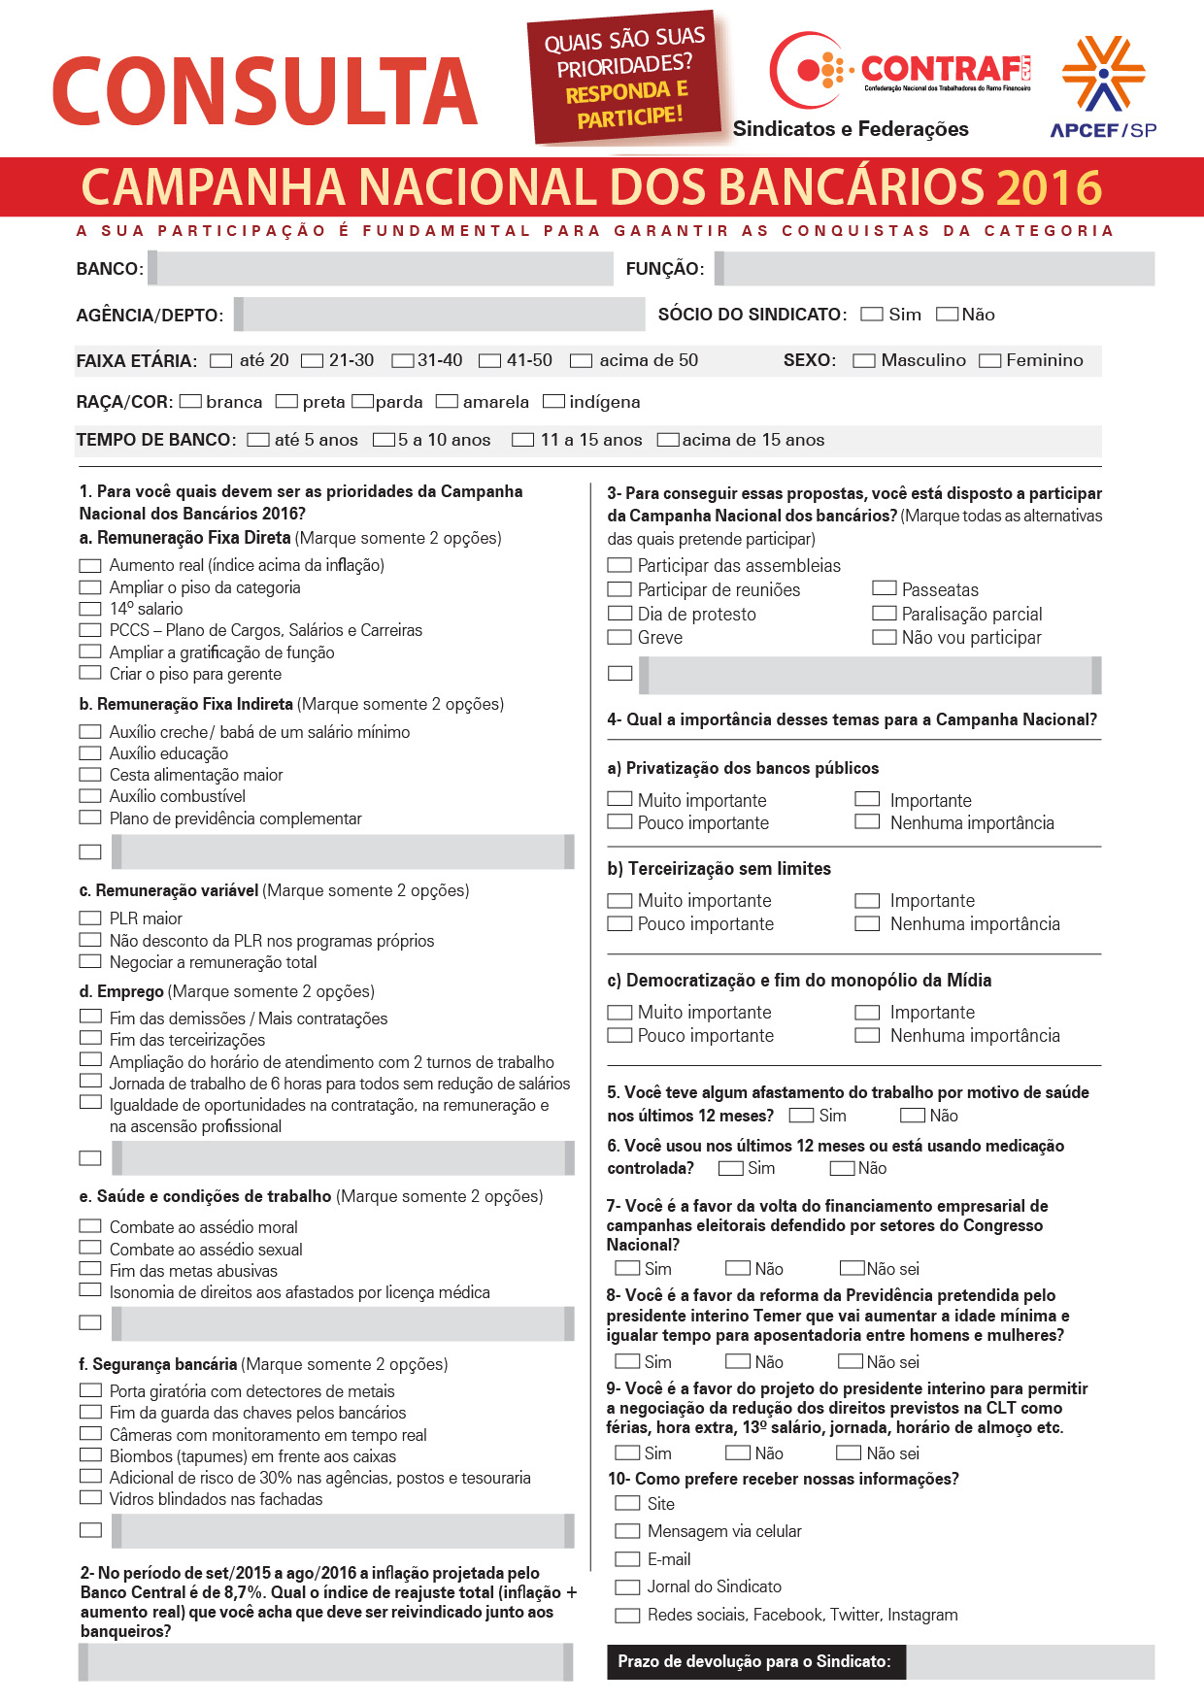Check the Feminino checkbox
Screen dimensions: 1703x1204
click(x=989, y=361)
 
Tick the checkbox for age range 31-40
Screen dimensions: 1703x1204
click(x=402, y=361)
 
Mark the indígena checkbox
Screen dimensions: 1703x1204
click(x=553, y=402)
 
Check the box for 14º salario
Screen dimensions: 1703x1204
click(x=90, y=609)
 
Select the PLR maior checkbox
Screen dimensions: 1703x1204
click(x=90, y=918)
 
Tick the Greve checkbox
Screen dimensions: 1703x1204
click(x=619, y=638)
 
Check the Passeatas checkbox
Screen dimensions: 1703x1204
click(x=884, y=588)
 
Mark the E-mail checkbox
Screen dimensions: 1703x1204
click(x=628, y=1559)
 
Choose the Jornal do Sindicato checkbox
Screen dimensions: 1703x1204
click(x=628, y=1587)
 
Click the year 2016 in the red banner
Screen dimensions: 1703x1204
click(x=1049, y=187)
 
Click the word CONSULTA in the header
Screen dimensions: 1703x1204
click(x=264, y=91)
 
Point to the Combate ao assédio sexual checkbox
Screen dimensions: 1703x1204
click(x=90, y=1248)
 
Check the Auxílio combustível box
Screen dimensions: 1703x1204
click(x=90, y=796)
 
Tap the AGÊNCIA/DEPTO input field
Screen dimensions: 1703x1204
click(x=444, y=315)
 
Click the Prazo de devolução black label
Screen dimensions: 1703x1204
click(x=754, y=1661)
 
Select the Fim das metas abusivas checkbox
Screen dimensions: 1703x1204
click(x=90, y=1269)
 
